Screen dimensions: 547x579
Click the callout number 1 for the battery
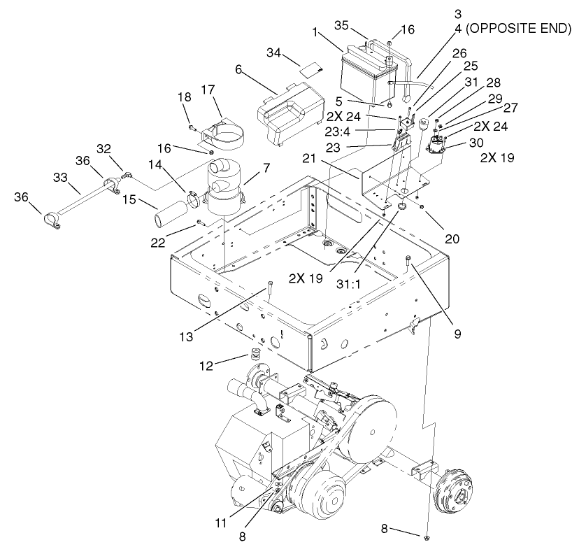[315, 31]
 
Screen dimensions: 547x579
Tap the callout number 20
[452, 239]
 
